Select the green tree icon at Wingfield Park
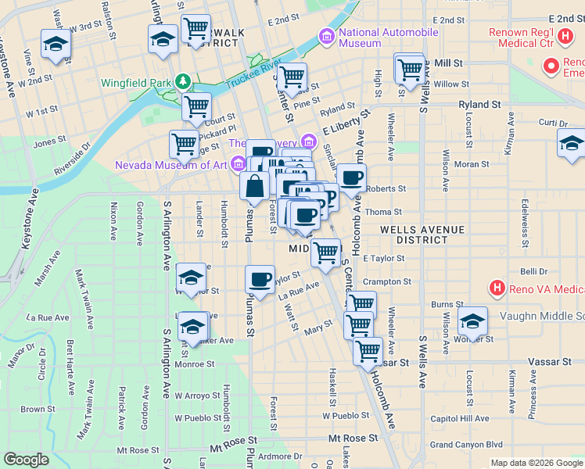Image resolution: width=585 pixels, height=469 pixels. click(x=183, y=81)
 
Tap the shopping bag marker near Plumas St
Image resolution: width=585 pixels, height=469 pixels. click(x=256, y=188)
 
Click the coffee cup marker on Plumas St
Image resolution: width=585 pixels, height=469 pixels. click(x=260, y=279)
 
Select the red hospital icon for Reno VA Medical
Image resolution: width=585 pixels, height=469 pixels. click(x=496, y=288)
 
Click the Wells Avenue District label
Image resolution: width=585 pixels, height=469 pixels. click(x=422, y=234)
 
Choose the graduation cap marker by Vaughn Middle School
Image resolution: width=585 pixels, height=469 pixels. click(x=472, y=320)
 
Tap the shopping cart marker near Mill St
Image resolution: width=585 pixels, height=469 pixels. click(x=410, y=70)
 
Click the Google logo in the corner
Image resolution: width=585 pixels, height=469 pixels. click(x=26, y=460)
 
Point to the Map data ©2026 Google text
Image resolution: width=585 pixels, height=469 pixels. click(x=537, y=463)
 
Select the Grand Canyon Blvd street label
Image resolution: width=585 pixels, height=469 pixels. click(x=466, y=445)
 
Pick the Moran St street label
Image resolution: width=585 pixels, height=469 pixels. click(x=472, y=165)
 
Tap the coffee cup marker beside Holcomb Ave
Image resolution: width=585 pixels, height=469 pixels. click(x=352, y=178)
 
